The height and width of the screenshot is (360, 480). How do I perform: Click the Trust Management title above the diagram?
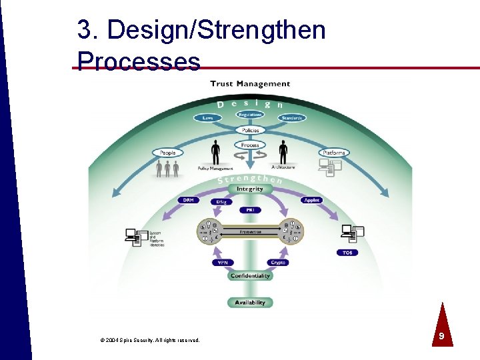point(250,84)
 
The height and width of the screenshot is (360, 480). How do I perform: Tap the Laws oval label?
point(207,118)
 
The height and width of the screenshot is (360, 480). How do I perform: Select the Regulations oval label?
point(250,115)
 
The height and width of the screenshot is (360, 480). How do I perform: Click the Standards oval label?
point(292,118)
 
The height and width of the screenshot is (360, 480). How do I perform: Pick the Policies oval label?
point(250,130)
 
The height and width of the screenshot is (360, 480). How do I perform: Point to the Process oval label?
point(250,145)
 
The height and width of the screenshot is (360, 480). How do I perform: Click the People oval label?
point(167,153)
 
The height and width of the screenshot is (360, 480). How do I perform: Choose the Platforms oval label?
point(333,153)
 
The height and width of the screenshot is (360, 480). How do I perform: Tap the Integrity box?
point(250,189)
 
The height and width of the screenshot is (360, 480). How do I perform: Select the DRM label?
point(187,200)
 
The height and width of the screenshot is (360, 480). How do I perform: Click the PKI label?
point(250,210)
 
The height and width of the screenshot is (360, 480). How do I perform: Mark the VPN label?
point(223,263)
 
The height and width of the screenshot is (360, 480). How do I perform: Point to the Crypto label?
point(278,263)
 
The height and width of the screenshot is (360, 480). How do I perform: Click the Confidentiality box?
point(250,275)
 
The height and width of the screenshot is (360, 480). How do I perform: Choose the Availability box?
point(250,302)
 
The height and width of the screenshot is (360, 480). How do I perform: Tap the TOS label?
point(347,253)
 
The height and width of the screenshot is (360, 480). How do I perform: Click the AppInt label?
point(312,200)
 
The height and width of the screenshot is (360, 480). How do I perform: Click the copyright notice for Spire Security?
point(149,340)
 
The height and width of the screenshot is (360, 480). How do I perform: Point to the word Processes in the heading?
point(139,61)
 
